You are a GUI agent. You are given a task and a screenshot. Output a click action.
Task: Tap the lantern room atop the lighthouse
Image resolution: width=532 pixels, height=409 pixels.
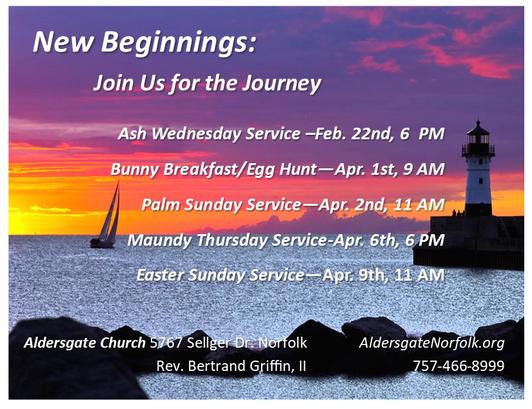(x=478, y=136)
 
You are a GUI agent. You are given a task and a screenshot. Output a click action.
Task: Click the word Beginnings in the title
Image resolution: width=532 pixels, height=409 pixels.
(x=178, y=43)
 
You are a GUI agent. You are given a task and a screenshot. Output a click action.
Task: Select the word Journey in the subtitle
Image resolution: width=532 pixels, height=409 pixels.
(x=282, y=83)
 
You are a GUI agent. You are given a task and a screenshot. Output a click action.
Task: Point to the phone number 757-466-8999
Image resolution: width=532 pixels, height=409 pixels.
(x=458, y=366)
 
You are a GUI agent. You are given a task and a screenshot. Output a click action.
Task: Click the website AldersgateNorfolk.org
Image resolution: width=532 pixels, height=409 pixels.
(x=432, y=343)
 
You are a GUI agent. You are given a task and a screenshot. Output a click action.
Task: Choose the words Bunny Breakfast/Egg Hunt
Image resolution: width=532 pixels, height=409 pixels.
(x=214, y=169)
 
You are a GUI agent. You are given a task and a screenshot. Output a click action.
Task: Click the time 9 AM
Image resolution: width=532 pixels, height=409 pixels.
(x=423, y=169)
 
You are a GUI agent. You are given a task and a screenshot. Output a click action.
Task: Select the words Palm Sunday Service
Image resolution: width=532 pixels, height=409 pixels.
(x=221, y=205)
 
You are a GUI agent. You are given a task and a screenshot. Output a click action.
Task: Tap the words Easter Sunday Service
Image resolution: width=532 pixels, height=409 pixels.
(x=220, y=275)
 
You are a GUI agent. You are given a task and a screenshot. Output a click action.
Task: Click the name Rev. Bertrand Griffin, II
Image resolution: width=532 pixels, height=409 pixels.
(x=231, y=366)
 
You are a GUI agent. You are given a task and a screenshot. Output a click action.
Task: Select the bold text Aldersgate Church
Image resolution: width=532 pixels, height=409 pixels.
(x=85, y=343)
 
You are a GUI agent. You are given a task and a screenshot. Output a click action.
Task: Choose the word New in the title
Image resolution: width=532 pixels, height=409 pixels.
(x=63, y=42)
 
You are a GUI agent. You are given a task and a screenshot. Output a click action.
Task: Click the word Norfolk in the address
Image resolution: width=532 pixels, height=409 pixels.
(x=283, y=343)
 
